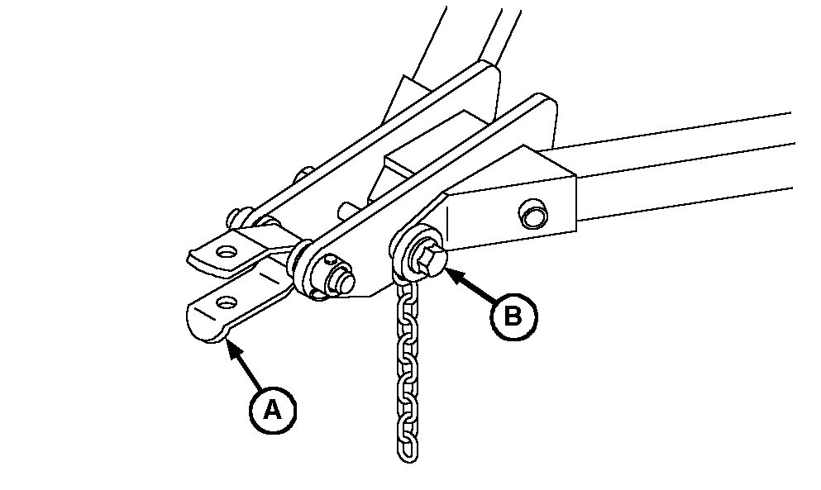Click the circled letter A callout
click(x=272, y=410)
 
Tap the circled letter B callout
click(x=513, y=316)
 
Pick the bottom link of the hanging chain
click(x=408, y=450)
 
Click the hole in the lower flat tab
click(x=227, y=302)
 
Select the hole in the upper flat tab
click(x=226, y=252)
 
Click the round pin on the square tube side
click(x=532, y=213)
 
